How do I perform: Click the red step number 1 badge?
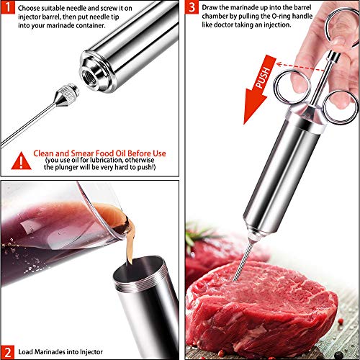point(8,9)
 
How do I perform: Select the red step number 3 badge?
point(192,9)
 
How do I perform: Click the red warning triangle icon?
point(24,153)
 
